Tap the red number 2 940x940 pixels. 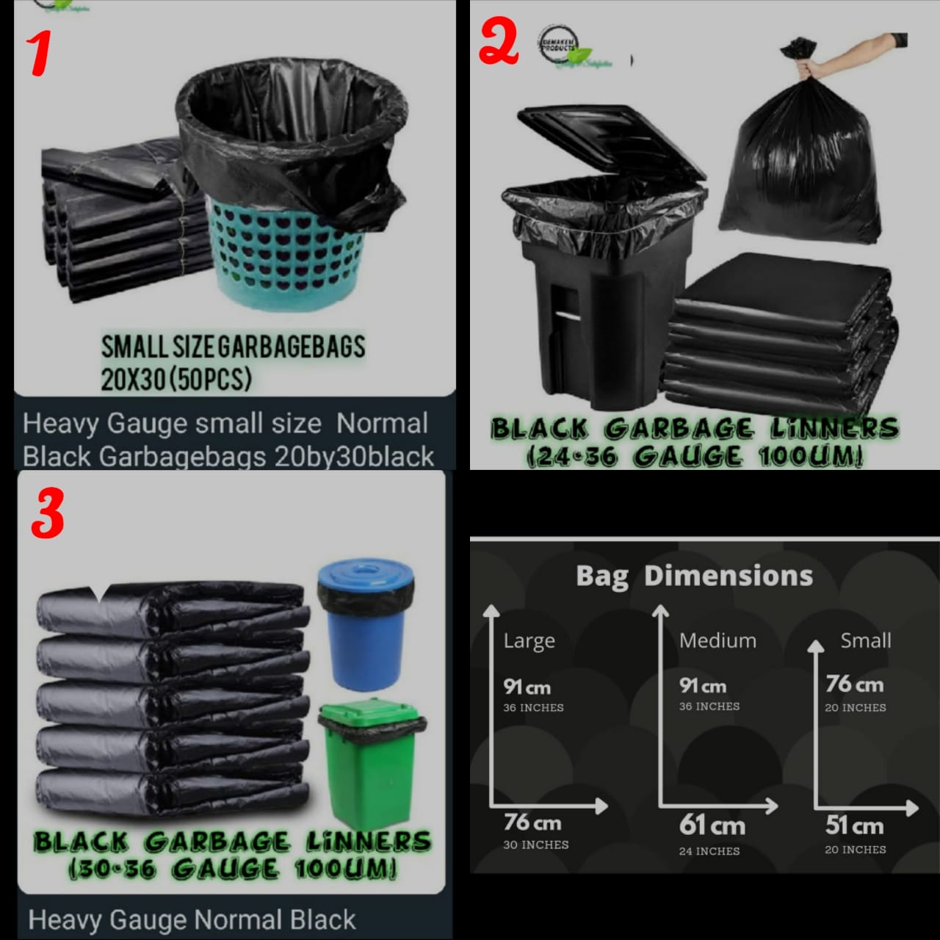499,43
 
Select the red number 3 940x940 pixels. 48,513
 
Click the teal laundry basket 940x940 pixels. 283,253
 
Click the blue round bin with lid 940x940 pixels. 365,624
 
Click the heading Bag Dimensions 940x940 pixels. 694,576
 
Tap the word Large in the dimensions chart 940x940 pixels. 529,641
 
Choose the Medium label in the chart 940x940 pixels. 717,640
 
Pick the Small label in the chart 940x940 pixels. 865,640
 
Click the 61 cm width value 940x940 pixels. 712,825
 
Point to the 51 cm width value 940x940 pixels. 854,825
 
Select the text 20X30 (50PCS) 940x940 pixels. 176,379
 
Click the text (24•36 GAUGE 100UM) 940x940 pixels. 694,456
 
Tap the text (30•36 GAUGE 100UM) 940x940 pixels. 232,869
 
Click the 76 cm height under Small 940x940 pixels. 854,684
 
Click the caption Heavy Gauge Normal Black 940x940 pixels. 192,919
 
